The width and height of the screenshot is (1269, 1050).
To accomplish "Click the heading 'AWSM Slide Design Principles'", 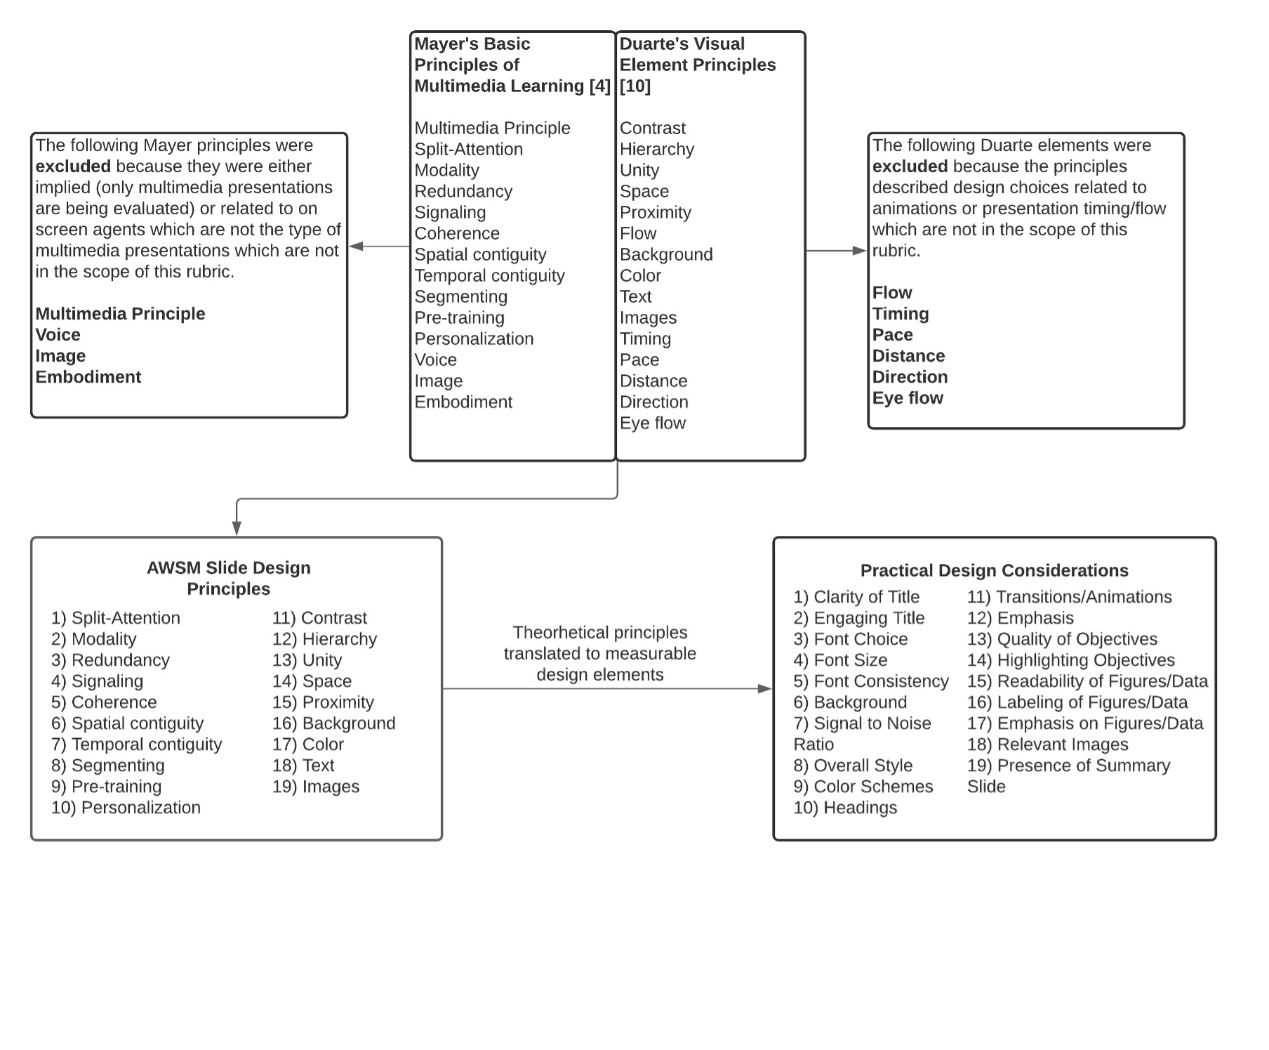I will [228, 578].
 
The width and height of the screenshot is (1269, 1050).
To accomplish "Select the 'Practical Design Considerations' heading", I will [994, 570].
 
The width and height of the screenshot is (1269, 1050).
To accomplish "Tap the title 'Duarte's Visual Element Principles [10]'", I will [697, 65].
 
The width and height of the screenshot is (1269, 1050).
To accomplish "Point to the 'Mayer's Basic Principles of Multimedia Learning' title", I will [512, 65].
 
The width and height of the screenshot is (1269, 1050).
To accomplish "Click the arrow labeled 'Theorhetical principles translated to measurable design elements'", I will [607, 689].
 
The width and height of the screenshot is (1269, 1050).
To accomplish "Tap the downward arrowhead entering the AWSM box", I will [237, 528].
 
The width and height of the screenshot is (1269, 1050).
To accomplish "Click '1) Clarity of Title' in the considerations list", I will [856, 597].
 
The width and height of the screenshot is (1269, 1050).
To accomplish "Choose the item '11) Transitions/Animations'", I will [1069, 597].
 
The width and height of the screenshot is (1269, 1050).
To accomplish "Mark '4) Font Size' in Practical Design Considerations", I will [840, 660].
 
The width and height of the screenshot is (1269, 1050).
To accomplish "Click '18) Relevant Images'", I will [1047, 744].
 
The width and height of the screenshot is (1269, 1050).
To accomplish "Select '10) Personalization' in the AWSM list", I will [126, 808].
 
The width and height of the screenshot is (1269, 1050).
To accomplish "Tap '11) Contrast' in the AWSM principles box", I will [319, 618].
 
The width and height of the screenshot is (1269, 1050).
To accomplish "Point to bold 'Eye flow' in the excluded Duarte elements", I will [908, 398].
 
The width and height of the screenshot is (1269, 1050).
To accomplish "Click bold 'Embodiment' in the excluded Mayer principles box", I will [88, 377].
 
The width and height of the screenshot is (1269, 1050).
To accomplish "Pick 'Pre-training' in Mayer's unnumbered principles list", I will [459, 317].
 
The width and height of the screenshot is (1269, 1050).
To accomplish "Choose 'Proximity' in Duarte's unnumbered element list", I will [655, 212].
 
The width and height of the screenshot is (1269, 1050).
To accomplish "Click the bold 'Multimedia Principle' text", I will [120, 314].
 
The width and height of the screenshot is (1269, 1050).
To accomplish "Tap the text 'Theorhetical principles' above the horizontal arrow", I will [599, 633].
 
